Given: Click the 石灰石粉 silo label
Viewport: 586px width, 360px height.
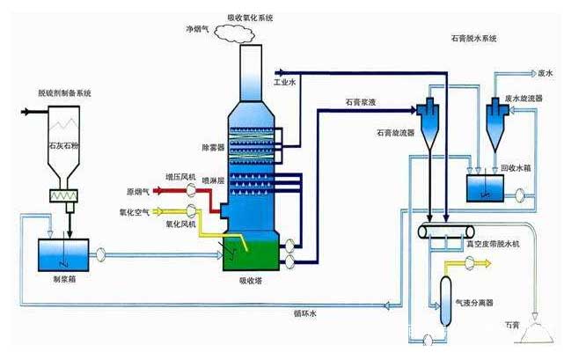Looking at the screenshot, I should pos(63,140).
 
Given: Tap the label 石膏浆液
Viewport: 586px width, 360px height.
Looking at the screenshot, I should pos(361,103).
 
